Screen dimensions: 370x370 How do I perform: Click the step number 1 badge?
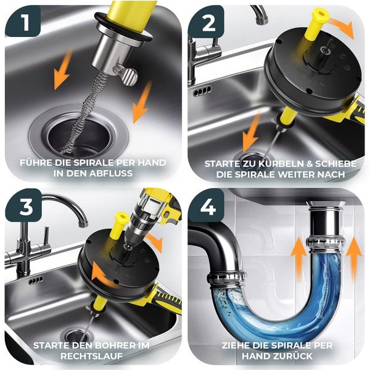23,21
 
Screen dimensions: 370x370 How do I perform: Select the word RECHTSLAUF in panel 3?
91,356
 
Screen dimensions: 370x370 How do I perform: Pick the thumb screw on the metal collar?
125,75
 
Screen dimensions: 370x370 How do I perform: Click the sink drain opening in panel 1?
78,136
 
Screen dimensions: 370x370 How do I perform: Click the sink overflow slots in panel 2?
202,91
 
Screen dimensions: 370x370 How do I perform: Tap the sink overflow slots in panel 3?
36,281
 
